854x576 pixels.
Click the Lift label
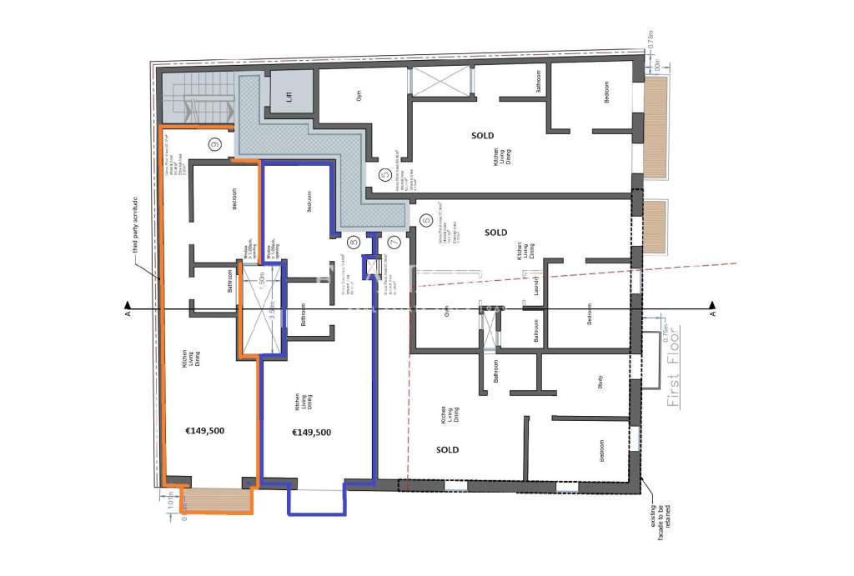[289, 96]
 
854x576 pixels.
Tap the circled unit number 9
[215, 145]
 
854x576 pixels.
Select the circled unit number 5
[384, 175]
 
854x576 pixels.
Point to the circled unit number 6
[425, 220]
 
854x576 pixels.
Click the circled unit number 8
[354, 243]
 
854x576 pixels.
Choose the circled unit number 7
[394, 243]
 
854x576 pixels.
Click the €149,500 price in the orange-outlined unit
[204, 431]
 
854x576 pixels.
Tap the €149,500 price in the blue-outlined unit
[311, 432]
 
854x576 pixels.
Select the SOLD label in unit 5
[482, 135]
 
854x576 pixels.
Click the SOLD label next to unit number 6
[495, 233]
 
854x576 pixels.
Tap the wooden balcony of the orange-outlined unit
[216, 500]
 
